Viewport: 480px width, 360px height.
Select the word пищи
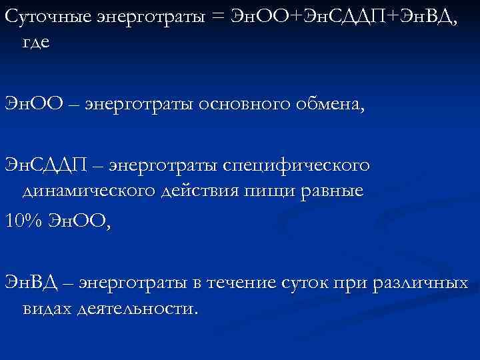coord(273,191)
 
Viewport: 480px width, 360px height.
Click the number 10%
coord(24,220)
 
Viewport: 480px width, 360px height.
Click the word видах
coord(48,310)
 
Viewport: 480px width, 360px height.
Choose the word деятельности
coord(138,310)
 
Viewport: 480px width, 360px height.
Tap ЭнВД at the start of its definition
coord(29,283)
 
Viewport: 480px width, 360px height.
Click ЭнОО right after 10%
coord(80,220)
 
